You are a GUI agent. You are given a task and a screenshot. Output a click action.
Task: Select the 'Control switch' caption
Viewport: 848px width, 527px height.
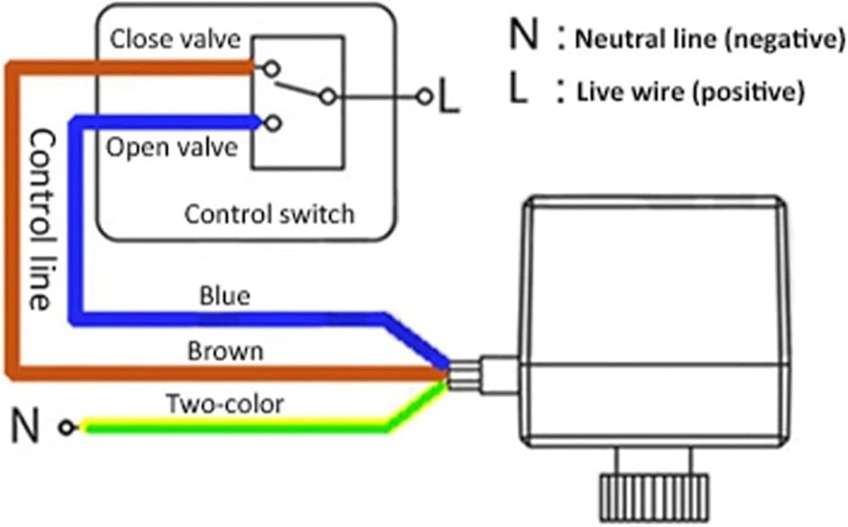point(270,213)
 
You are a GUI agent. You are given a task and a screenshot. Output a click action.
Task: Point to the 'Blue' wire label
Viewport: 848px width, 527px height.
point(225,296)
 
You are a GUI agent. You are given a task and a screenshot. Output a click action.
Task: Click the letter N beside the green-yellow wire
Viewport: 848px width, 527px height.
point(26,427)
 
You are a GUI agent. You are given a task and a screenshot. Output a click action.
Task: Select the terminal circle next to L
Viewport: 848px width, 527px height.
point(424,98)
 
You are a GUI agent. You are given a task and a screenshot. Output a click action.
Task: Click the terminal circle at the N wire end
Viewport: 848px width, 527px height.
point(66,428)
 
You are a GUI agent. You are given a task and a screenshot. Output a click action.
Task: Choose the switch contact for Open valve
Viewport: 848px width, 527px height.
point(271,124)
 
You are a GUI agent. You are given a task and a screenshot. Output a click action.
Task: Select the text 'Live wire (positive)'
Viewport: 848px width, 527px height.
point(689,92)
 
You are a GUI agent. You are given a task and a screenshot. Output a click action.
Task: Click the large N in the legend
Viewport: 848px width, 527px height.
point(524,36)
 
